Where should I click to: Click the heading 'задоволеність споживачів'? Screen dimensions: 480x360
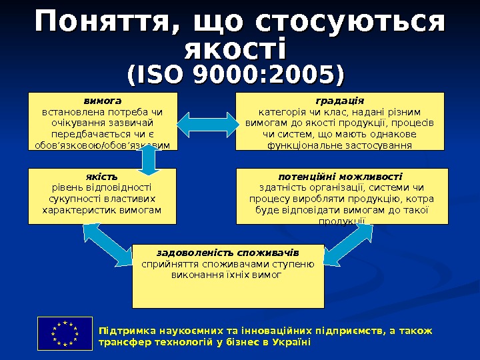tap(228, 253)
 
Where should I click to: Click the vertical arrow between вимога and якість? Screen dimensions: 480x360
tap(148, 159)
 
